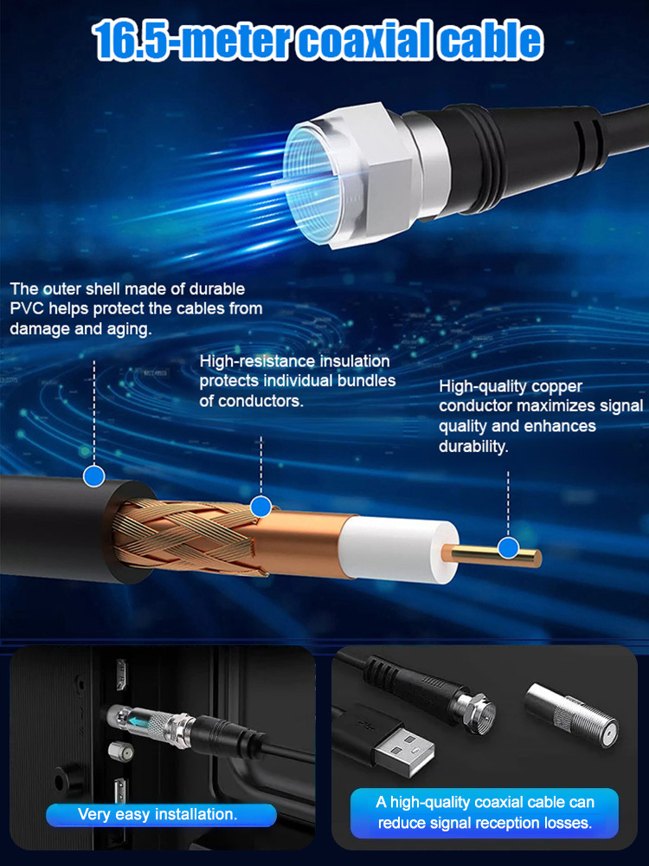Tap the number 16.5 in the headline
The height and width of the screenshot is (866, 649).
130,40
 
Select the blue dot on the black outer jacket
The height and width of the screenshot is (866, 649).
94,475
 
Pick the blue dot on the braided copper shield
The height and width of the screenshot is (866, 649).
260,506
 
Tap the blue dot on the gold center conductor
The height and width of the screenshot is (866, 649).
508,548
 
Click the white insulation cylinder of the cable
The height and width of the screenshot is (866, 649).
398,551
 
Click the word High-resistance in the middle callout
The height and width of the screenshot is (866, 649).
258,361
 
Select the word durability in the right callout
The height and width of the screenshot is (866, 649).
473,446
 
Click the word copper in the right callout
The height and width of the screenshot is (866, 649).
557,387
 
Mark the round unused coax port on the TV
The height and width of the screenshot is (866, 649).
119,752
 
